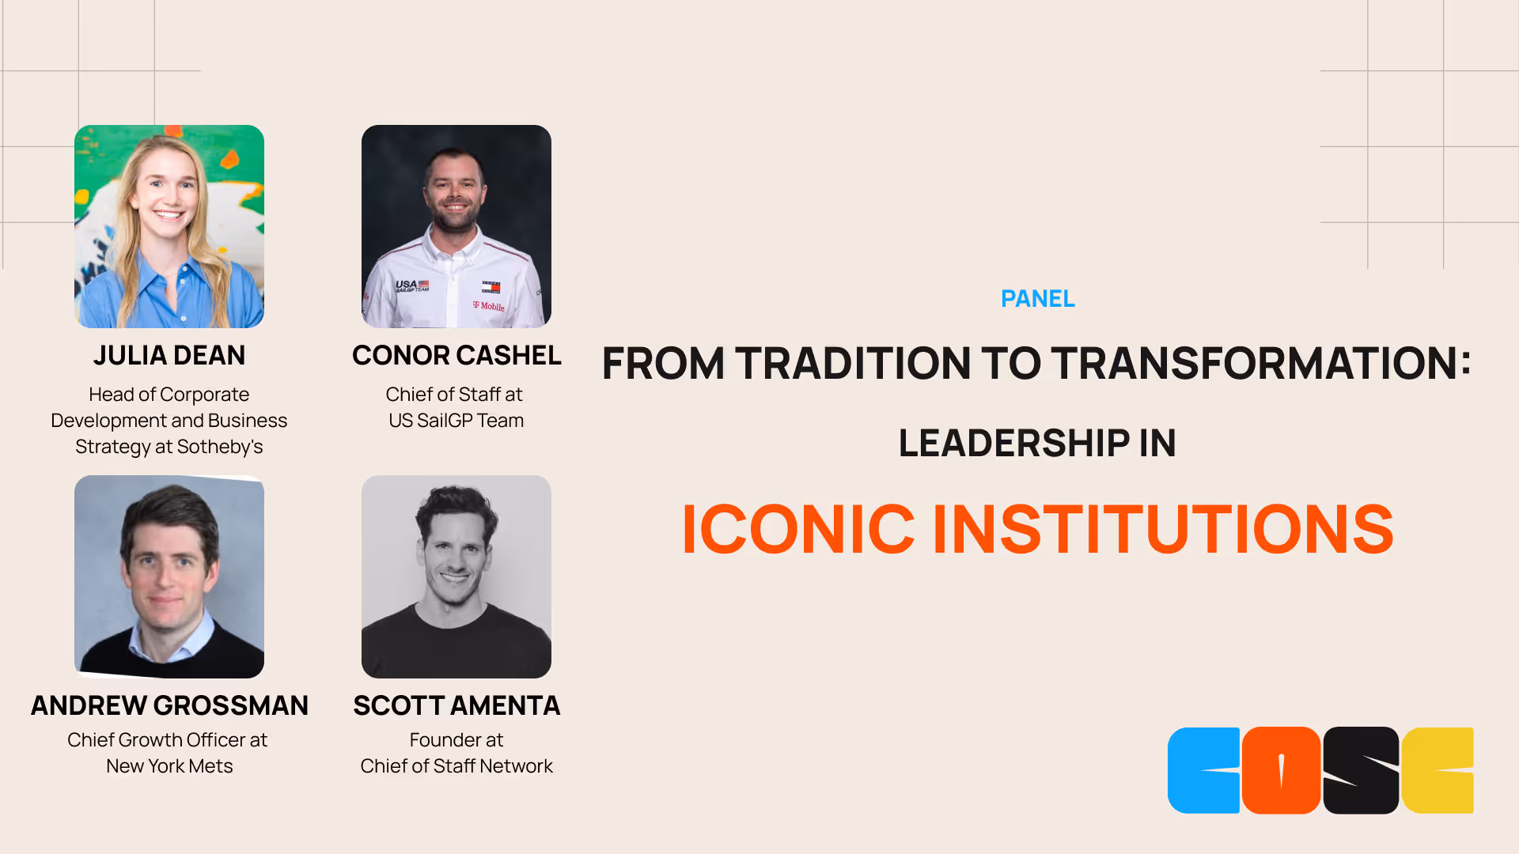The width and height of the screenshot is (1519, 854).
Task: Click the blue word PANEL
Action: (1037, 299)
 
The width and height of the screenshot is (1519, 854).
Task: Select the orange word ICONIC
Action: (797, 529)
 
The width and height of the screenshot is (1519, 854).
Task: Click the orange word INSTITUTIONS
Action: (1163, 529)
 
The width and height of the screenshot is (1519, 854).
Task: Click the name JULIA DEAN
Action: (169, 356)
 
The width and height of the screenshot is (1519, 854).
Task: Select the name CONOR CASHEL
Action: (456, 356)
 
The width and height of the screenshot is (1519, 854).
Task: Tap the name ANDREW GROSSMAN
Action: (169, 705)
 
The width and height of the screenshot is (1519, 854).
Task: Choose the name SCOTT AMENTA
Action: (456, 705)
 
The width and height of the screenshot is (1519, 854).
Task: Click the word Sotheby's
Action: (220, 447)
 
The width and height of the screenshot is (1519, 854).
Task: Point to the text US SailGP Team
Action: (456, 421)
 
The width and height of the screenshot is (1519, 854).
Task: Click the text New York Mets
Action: (169, 766)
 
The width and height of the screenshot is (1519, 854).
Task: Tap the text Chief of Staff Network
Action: (456, 766)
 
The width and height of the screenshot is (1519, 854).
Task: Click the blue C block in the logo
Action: (1203, 770)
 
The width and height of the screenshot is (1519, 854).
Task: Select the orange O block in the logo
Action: (1281, 770)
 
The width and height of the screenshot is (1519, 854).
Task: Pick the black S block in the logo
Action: (1361, 770)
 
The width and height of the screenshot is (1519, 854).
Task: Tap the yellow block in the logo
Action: (1438, 770)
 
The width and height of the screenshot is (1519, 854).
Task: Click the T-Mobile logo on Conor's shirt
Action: (489, 306)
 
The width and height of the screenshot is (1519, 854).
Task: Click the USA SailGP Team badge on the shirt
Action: (412, 285)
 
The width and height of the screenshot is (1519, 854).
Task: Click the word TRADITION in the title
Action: (851, 364)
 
